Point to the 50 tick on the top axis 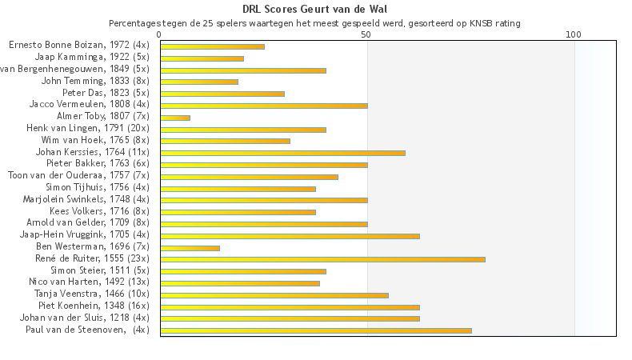pos(366,34)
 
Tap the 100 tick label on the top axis pos(573,34)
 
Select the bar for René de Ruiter pos(322,259)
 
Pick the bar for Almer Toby pos(175,118)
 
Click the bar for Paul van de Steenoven pos(316,330)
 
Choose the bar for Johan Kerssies pos(282,153)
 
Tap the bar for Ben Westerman pos(190,248)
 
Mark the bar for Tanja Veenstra pos(274,295)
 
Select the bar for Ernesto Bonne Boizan pos(212,46)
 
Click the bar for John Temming pos(199,82)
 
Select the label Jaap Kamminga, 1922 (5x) pos(92,58)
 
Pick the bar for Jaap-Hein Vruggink pos(290,236)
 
